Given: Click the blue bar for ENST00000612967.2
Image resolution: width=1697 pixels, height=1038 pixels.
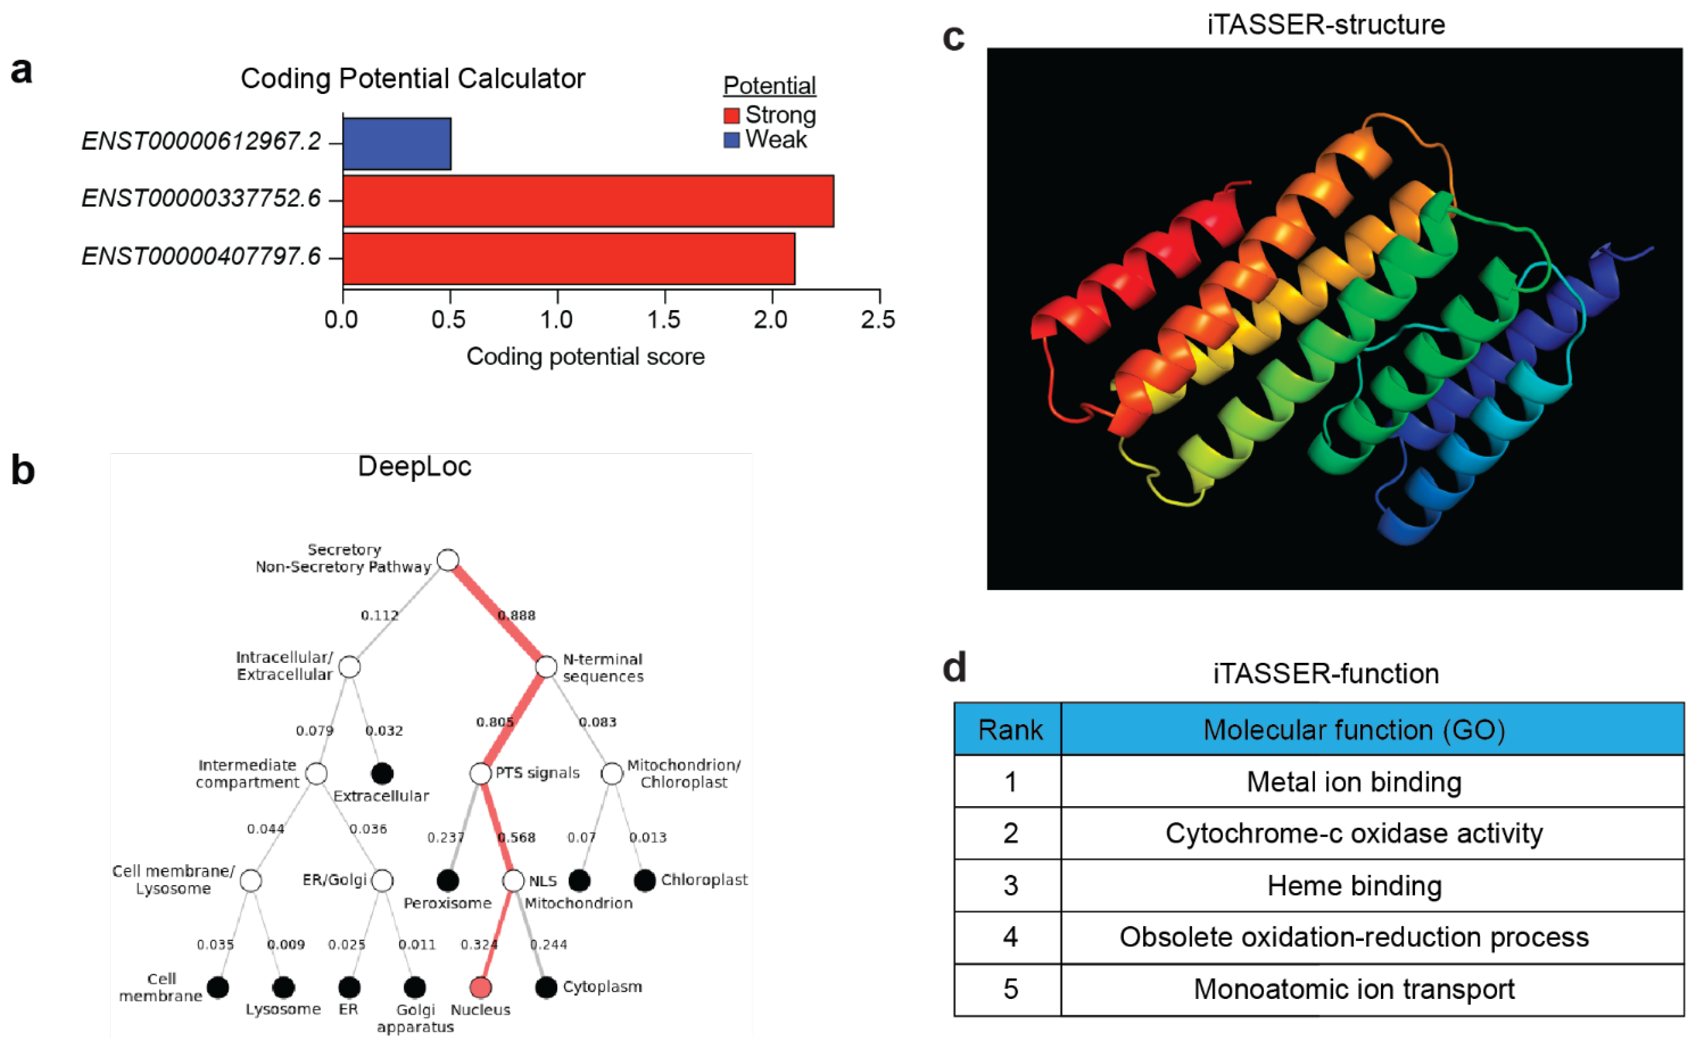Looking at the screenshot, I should [x=397, y=143].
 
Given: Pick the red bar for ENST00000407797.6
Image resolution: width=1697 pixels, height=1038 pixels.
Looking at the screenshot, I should [x=569, y=258].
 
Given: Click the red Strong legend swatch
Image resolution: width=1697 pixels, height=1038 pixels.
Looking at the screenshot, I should [x=731, y=115].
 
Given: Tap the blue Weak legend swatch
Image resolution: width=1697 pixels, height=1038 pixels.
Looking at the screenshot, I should [x=731, y=140].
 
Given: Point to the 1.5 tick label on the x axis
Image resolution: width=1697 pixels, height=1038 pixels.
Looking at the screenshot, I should [x=664, y=319].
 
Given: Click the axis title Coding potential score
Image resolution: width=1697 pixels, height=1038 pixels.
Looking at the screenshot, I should [x=585, y=357].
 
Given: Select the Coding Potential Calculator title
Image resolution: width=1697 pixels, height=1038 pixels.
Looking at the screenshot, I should [x=413, y=79].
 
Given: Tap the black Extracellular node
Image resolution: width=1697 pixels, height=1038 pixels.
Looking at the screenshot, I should [x=382, y=773].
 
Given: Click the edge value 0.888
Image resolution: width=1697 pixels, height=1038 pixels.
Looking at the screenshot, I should [x=516, y=615].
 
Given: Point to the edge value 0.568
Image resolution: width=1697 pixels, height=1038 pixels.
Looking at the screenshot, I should [x=516, y=837].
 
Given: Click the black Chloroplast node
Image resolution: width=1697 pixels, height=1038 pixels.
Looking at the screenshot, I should [x=645, y=880].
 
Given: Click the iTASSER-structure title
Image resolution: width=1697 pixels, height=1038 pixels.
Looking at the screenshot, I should [x=1326, y=25].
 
